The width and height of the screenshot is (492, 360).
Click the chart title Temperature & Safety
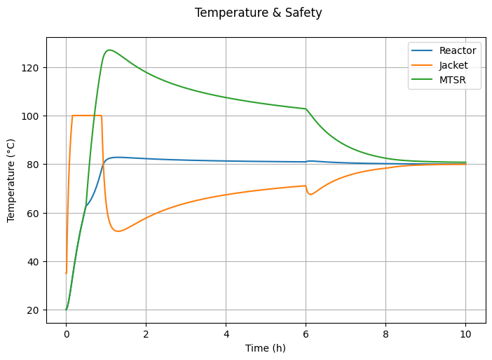click(258, 13)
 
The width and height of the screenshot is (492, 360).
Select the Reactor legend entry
click(458, 50)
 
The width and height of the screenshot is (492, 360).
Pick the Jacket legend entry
click(453, 65)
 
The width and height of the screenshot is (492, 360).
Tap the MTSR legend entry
click(453, 80)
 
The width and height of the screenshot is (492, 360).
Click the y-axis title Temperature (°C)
click(11, 180)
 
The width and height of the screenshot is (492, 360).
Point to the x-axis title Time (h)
click(266, 348)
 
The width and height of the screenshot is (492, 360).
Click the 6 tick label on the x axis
click(306, 334)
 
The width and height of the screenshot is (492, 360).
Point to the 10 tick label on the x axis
click(465, 334)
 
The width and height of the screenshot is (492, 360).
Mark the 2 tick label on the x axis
click(146, 334)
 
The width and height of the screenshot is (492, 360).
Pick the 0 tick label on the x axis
click(66, 334)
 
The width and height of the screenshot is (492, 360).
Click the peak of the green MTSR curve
click(109, 50)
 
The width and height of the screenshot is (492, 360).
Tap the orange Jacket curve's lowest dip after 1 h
click(118, 231)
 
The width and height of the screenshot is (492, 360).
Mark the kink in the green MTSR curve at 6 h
click(306, 109)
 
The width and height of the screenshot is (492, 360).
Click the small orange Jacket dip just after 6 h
click(310, 194)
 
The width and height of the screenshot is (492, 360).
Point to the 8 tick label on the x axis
click(385, 334)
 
